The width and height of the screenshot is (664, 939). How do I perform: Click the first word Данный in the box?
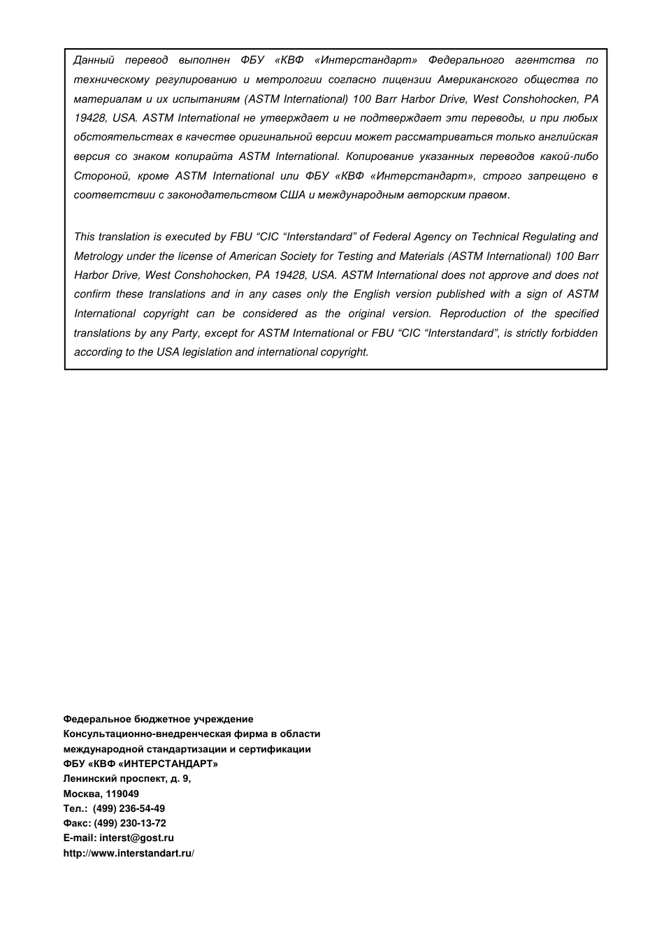click(94, 61)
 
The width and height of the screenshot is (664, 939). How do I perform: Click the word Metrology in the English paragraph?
click(98, 256)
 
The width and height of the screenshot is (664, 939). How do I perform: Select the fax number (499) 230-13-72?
click(130, 823)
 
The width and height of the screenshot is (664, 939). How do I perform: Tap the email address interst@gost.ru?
click(136, 838)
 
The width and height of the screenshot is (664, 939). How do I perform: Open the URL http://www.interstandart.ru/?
click(129, 853)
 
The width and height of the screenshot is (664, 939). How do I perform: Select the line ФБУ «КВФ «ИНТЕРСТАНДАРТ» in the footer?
click(140, 764)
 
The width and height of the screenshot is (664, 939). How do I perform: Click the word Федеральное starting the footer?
click(92, 719)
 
